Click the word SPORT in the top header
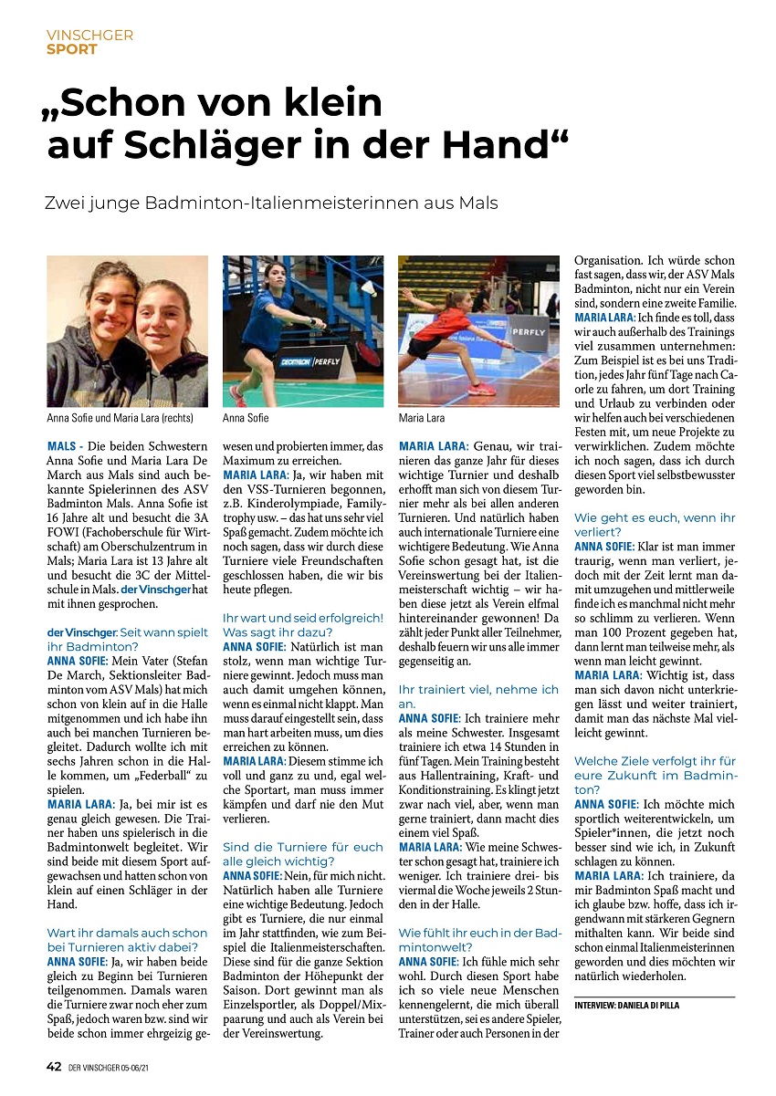[x=71, y=49]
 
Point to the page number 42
[x=55, y=1066]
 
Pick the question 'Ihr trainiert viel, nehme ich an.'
[x=479, y=696]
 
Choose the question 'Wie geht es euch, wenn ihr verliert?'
[x=655, y=524]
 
